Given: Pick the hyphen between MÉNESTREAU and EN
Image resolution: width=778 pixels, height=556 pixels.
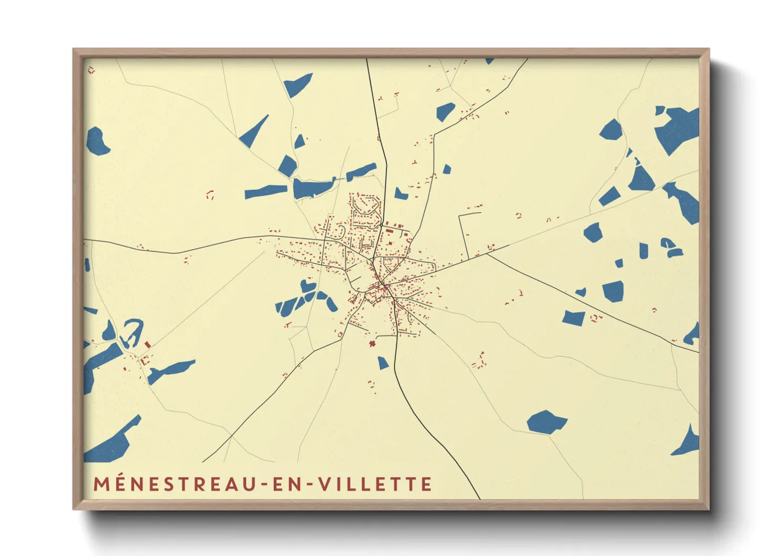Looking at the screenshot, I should (x=264, y=484).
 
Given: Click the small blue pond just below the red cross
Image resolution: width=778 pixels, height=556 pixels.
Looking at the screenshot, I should (x=383, y=363).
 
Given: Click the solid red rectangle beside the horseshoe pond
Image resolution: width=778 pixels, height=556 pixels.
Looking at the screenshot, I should (x=148, y=344).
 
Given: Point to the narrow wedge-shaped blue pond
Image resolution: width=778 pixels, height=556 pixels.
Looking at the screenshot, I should (x=254, y=132).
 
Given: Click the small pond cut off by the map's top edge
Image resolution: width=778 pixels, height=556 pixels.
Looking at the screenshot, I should (x=489, y=61).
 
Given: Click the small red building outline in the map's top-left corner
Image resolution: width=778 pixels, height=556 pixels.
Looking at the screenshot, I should (x=91, y=69).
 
